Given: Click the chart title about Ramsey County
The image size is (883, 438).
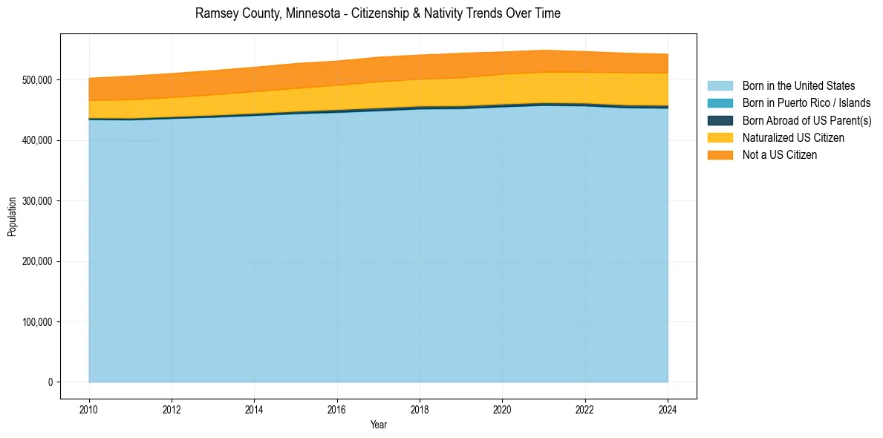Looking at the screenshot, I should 377,13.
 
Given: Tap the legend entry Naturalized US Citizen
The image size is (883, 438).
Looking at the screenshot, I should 793,138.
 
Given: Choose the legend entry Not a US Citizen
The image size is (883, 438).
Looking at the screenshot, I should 779,155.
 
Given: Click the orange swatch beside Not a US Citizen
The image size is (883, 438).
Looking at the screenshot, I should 720,155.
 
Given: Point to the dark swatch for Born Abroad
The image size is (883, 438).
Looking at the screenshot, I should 720,120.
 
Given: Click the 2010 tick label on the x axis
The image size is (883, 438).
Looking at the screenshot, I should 88,408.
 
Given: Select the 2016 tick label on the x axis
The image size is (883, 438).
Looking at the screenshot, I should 337,408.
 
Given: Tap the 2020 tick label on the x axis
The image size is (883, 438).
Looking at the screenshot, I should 502,408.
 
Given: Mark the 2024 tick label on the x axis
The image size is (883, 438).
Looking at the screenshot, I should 668,408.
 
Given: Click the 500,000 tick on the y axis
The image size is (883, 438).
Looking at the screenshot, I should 37,79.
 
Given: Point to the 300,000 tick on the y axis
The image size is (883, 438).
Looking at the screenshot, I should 37,201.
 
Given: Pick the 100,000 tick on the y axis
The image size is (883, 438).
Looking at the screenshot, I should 37,322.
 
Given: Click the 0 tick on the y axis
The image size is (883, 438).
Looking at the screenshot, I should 50,382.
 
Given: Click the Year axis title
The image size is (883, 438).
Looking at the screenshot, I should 378,425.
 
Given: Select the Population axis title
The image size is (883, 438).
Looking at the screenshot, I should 12,217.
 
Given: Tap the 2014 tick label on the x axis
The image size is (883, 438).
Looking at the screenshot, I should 254,408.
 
